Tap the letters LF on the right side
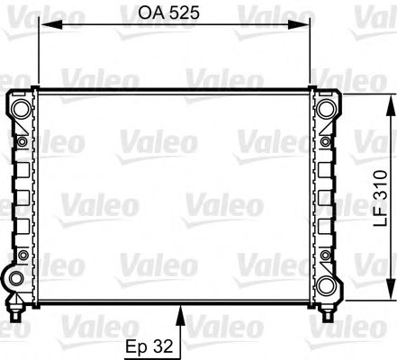tap(381, 221)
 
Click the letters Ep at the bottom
tap(136, 346)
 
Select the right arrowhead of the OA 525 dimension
tap(305, 24)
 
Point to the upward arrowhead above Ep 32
tap(183, 312)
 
